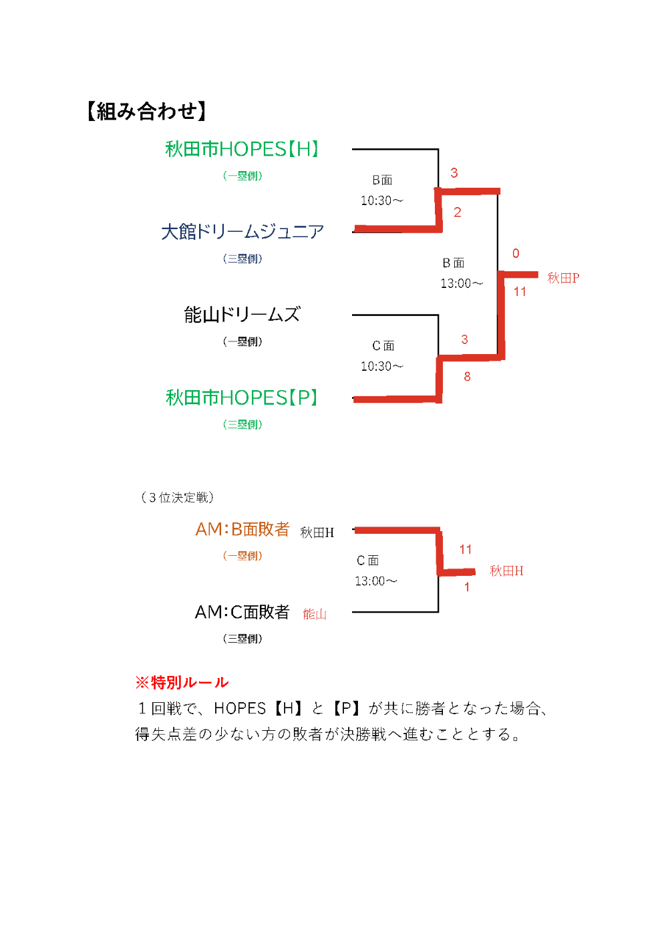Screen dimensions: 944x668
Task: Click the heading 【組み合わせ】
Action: click(146, 111)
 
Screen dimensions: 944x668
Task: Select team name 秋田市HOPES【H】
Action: click(242, 149)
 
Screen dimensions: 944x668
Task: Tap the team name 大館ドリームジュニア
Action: click(242, 232)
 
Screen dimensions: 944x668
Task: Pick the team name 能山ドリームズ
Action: click(242, 315)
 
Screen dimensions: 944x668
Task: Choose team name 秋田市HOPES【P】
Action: click(242, 398)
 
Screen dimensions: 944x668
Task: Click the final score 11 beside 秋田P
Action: click(520, 292)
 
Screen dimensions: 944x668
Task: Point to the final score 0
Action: click(516, 254)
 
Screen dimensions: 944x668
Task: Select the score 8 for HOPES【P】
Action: click(467, 377)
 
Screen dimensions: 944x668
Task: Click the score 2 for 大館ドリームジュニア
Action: click(458, 212)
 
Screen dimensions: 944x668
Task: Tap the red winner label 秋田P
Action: click(563, 278)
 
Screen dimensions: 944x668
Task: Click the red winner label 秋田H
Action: click(506, 571)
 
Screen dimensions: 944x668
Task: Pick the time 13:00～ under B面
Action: click(461, 284)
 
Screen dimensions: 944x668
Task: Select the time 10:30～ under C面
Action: click(382, 367)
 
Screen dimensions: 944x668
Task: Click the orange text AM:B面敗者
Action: click(242, 530)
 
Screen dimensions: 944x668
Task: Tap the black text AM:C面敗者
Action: click(242, 613)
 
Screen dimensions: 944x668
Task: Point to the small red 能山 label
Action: click(315, 614)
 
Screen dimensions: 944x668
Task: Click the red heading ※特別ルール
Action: click(182, 683)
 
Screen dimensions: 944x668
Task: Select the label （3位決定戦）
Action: click(177, 498)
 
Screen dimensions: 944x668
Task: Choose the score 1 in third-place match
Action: click(467, 587)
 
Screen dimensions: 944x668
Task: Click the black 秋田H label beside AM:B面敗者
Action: click(317, 532)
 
